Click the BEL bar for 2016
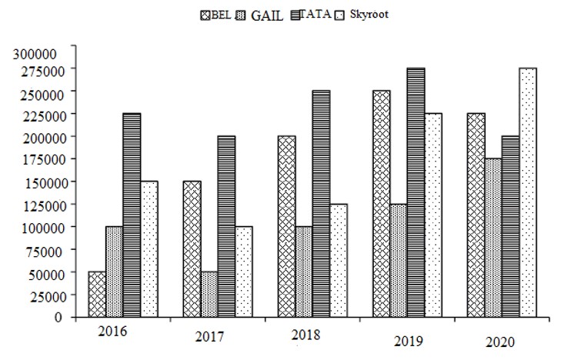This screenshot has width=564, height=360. (x=97, y=294)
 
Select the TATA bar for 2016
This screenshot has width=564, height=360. (x=132, y=215)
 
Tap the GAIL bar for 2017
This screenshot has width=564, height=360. (x=209, y=294)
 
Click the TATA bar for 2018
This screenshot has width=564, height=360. (x=321, y=204)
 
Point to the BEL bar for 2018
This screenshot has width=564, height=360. (x=286, y=226)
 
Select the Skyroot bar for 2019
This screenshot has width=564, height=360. (x=433, y=215)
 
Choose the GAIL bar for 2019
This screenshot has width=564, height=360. (x=398, y=260)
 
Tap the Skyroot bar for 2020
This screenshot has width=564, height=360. (x=528, y=192)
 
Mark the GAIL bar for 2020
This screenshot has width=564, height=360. (x=492, y=238)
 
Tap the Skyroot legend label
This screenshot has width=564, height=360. (x=370, y=14)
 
